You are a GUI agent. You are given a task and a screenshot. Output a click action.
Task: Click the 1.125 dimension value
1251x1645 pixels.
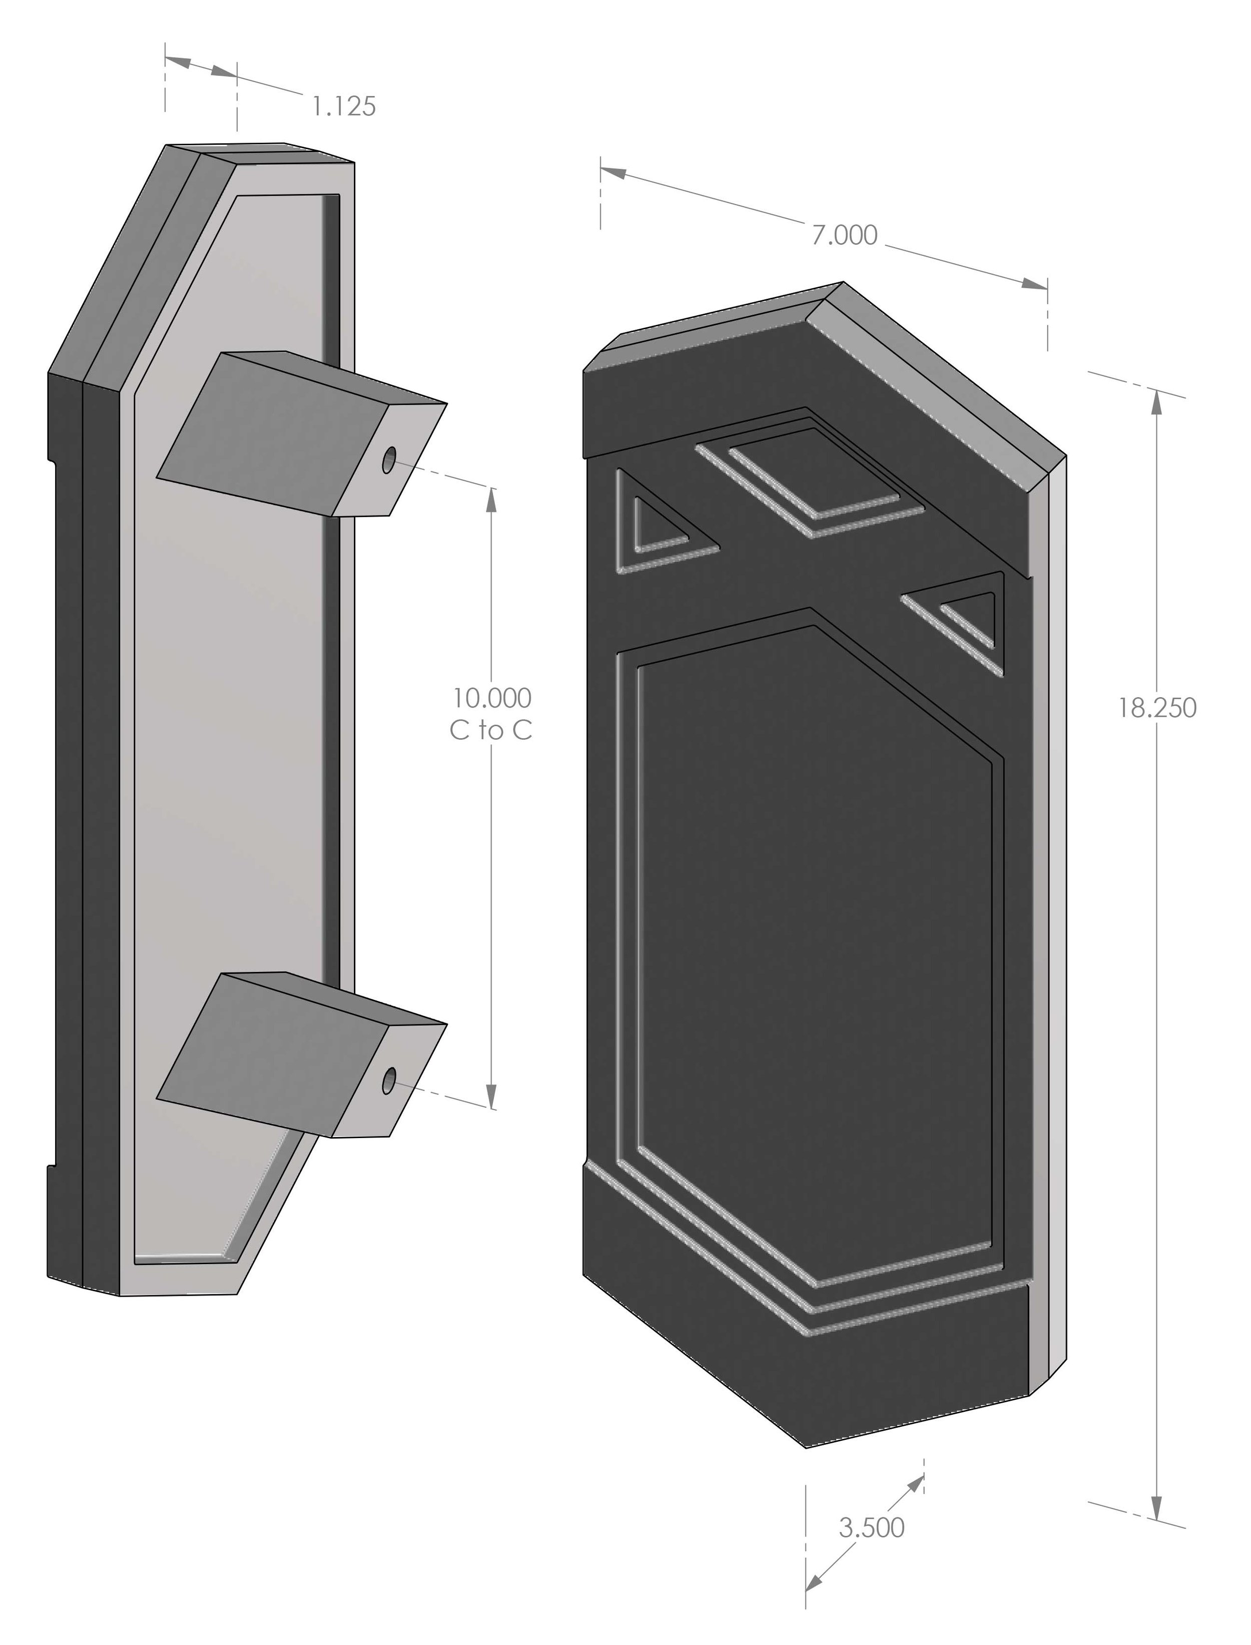(x=343, y=107)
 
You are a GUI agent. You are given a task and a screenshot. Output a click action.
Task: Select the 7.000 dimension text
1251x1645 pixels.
(x=845, y=235)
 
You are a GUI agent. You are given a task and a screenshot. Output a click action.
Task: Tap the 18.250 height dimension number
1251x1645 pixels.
(x=1157, y=708)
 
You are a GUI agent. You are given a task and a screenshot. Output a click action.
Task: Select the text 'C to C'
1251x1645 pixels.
(x=491, y=731)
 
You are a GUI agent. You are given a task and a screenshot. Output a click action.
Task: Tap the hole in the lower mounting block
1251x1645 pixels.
(x=389, y=1081)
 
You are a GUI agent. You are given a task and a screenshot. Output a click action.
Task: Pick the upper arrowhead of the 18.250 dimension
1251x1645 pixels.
(x=1156, y=402)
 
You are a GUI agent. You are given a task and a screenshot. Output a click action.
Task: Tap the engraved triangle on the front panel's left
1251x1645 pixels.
(x=656, y=526)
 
